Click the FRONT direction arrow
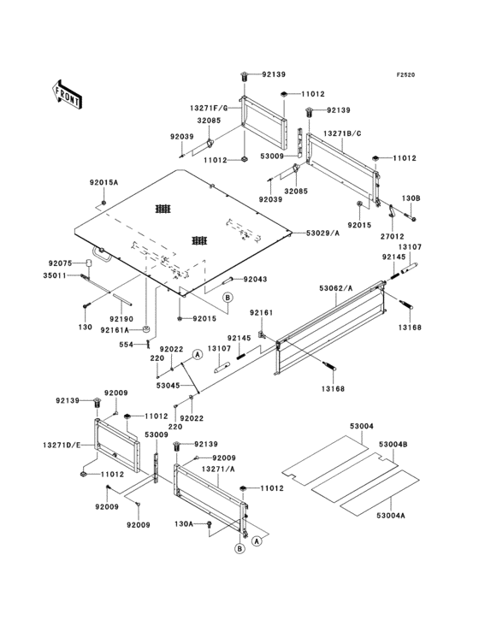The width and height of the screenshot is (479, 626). point(67,94)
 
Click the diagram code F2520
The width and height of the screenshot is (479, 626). point(405,74)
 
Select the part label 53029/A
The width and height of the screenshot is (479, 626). point(322,233)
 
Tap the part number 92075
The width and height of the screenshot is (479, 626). point(60,263)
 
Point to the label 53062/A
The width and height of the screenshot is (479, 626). point(336,288)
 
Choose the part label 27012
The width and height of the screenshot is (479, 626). point(392,237)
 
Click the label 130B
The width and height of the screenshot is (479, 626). point(411,198)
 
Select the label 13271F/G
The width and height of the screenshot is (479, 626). point(209,108)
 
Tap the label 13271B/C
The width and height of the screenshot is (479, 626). point(342,133)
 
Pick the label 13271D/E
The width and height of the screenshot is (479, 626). point(62,445)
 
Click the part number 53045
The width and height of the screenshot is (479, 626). point(168,386)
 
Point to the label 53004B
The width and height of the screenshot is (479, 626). point(393,445)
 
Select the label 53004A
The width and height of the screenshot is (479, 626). point(390,516)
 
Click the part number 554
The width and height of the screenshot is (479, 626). point(126,345)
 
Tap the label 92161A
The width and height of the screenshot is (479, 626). point(115,330)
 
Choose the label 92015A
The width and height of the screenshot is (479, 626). point(103,183)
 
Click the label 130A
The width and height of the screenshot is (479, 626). point(184,523)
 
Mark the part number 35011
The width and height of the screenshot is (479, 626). point(55,275)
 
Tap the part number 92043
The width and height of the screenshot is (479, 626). point(256,280)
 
